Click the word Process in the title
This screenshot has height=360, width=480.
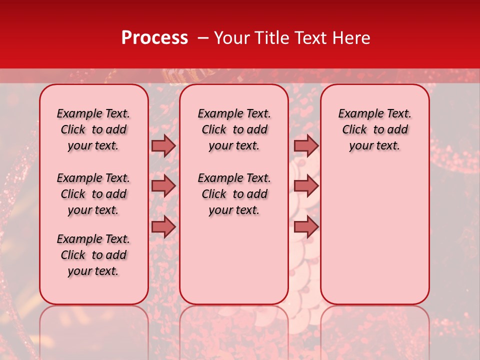click(x=154, y=38)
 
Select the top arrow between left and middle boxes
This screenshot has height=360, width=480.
click(x=163, y=145)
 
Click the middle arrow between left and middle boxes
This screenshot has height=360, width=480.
click(x=163, y=186)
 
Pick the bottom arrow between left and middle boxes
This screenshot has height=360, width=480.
click(x=163, y=226)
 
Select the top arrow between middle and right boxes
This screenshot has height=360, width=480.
click(x=306, y=145)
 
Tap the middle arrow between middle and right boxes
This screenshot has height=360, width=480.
click(x=306, y=186)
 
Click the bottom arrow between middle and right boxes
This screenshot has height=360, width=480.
click(x=306, y=226)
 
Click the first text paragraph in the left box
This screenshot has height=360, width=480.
click(x=93, y=129)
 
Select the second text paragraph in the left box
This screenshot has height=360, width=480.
click(x=93, y=194)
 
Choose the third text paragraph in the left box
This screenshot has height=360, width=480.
click(x=93, y=255)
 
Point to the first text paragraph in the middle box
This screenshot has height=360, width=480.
click(x=234, y=129)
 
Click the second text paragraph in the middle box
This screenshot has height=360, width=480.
click(x=234, y=194)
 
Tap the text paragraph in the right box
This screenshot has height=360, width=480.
click(x=374, y=129)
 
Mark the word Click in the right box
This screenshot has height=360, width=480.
click(x=354, y=130)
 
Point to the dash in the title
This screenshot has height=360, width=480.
click(x=203, y=38)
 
